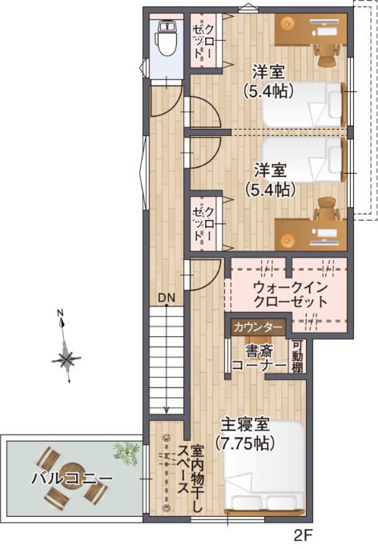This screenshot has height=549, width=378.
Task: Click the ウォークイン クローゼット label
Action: tap(289, 295)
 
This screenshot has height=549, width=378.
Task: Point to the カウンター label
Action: tap(258, 328)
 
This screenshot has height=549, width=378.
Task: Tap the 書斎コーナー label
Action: tap(258, 358)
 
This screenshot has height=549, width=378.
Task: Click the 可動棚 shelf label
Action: tap(297, 356)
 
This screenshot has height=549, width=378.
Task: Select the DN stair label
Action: tap(166, 299)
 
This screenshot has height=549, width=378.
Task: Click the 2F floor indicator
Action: tap(302, 535)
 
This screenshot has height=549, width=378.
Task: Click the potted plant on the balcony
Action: tap(126, 452)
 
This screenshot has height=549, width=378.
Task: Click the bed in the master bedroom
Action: tap(263, 481)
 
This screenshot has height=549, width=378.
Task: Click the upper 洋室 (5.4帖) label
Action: tap(269, 80)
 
